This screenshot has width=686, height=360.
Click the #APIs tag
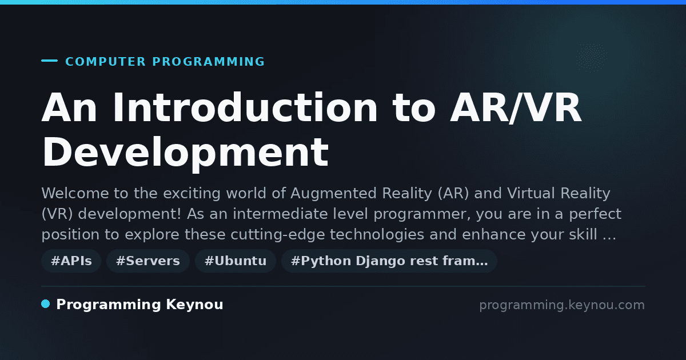pos(71,261)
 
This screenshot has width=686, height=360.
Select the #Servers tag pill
pos(148,261)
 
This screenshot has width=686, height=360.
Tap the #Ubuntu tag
pos(236,261)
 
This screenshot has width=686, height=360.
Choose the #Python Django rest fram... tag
pos(389,261)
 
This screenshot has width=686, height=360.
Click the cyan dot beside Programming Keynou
pos(46,304)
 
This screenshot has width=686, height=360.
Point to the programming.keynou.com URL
pos(562,305)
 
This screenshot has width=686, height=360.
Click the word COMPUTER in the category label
pos(105,62)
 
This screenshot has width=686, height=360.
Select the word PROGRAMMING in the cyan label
pos(208,62)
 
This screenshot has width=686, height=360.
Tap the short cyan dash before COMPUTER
pos(49,61)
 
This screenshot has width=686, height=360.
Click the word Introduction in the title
pos(245,107)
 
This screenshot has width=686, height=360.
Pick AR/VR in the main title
pos(516,108)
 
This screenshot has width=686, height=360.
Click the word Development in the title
pos(185,153)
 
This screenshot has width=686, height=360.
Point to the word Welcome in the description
pos(75,193)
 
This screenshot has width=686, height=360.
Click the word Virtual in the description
pos(531,193)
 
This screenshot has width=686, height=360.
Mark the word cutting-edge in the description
pos(277,235)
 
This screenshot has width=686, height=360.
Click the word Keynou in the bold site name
pos(194,305)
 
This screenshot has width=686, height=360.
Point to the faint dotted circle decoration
pos(591,58)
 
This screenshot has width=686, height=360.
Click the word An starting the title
pos(69,107)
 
